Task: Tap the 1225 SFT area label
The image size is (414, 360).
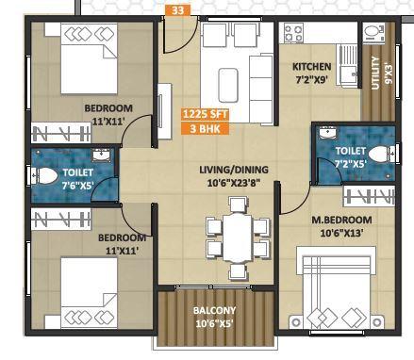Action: [x=205, y=113]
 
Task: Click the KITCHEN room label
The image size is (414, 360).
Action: [x=311, y=67]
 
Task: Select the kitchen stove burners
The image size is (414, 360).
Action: [x=294, y=31]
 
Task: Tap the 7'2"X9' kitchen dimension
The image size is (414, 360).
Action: [x=310, y=81]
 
